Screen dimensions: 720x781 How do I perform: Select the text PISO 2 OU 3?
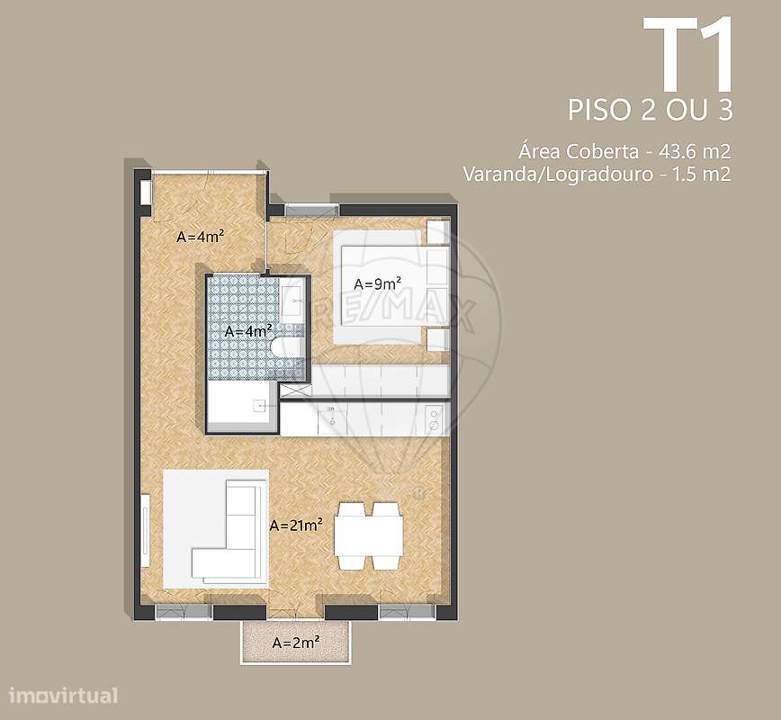[651, 110]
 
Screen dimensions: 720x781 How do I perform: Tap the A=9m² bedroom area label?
[377, 283]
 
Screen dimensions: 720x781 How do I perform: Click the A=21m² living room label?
[296, 526]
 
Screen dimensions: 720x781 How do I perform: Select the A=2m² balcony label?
[293, 643]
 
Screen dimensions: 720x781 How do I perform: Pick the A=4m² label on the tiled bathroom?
[247, 330]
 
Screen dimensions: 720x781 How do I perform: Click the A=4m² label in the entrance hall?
[200, 238]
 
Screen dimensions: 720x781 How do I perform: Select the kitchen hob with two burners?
[433, 418]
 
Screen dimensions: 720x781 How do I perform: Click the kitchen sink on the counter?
[332, 416]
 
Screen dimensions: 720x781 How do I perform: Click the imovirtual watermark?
[63, 696]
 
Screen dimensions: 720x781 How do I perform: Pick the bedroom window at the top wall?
[306, 210]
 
